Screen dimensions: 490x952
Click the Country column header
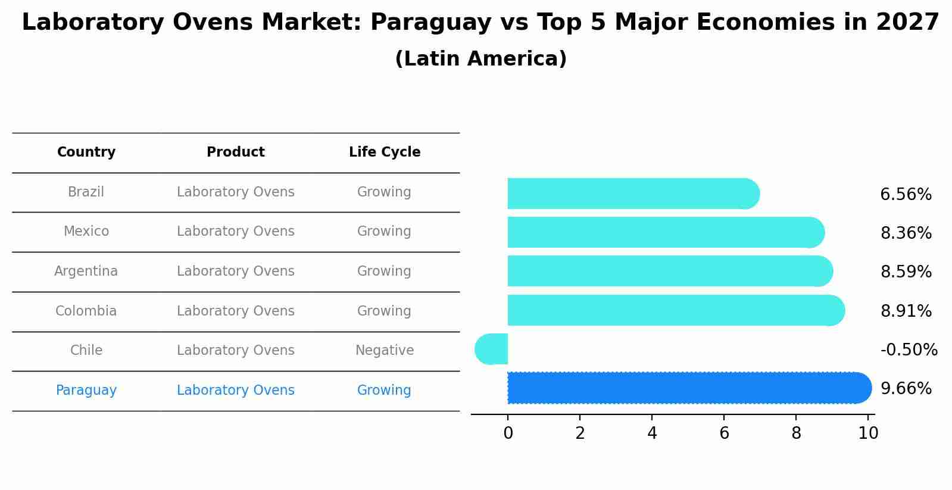coord(86,152)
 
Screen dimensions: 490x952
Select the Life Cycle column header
coord(385,152)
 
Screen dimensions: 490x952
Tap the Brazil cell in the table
coord(86,192)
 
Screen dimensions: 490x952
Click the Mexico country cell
coord(86,232)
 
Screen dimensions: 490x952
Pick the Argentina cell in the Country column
coord(86,271)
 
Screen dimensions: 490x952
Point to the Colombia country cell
coord(86,311)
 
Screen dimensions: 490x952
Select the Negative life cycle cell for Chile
coord(385,351)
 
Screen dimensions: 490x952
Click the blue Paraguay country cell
coord(86,391)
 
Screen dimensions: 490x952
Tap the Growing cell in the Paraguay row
coord(384,391)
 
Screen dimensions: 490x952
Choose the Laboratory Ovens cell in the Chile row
coord(236,351)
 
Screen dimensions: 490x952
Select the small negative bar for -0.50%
coord(492,349)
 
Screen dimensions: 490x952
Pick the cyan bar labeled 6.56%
coord(631,193)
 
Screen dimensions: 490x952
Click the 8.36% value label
coord(906,233)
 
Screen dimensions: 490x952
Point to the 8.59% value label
coord(906,272)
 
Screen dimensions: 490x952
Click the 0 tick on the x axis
coord(508,433)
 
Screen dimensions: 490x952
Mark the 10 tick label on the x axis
coord(868,433)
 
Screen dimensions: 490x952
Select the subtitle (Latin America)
coord(480,59)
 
